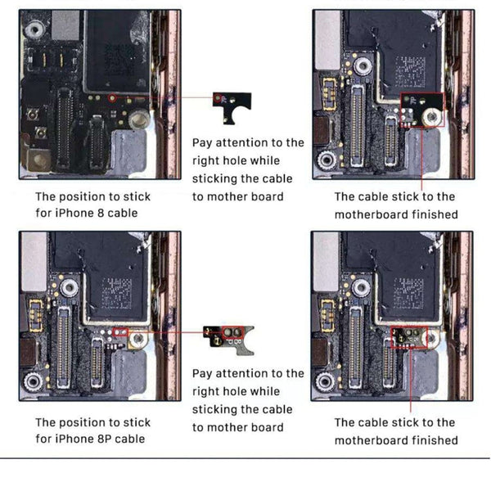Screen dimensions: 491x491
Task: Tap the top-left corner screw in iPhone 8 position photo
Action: [x=34, y=31]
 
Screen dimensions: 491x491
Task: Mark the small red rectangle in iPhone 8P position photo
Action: [x=123, y=334]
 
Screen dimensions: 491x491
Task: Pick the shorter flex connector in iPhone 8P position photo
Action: [x=97, y=362]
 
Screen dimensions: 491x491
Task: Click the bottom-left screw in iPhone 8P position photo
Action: [x=34, y=381]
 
